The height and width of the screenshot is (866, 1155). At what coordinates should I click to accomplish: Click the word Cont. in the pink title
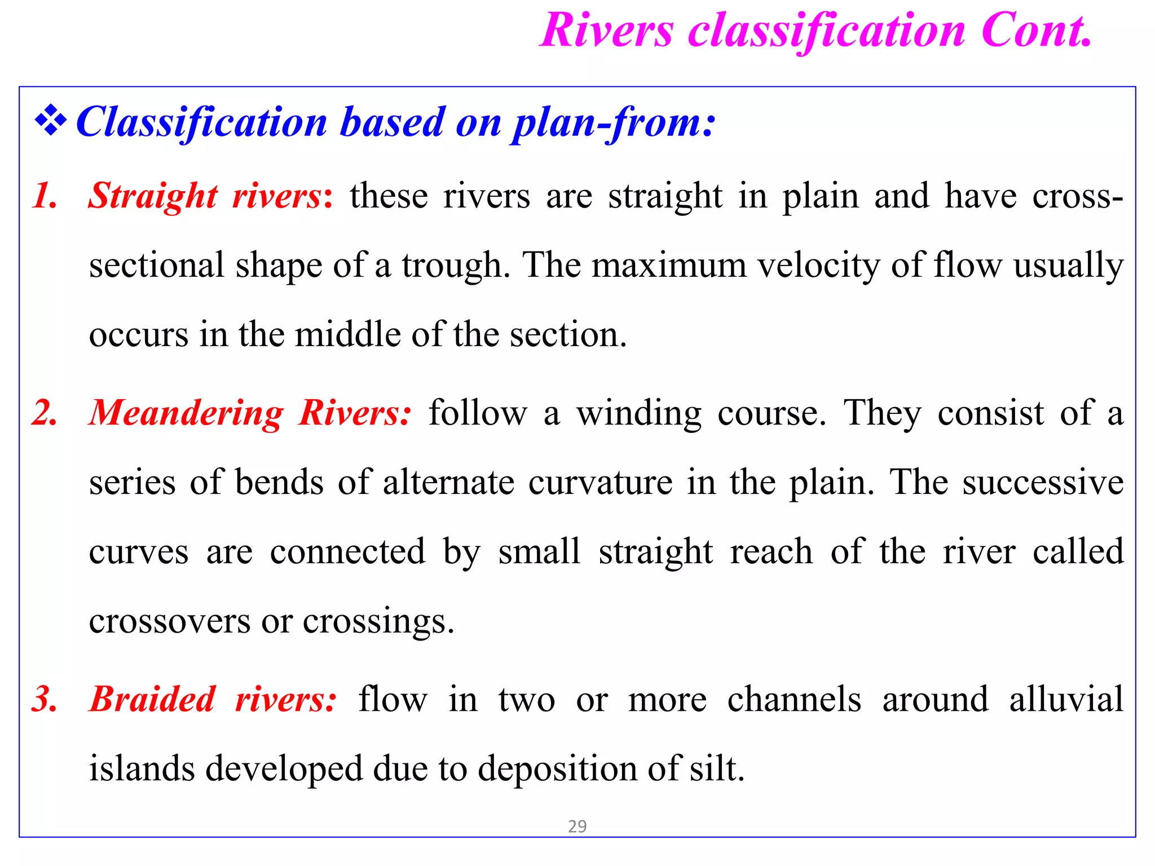(x=1037, y=30)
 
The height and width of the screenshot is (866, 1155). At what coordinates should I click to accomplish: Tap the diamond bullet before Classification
(x=51, y=121)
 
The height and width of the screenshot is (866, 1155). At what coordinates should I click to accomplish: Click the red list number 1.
(x=45, y=196)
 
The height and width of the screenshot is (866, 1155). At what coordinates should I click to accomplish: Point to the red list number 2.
(x=45, y=413)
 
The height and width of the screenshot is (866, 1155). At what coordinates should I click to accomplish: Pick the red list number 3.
(x=45, y=699)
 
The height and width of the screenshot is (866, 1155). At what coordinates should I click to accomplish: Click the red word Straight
(x=153, y=196)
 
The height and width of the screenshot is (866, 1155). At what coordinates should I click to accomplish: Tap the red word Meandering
(x=187, y=414)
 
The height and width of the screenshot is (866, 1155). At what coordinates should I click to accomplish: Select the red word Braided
(x=153, y=699)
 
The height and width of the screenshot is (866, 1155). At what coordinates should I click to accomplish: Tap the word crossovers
(x=169, y=621)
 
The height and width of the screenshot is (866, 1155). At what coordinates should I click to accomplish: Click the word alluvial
(x=1066, y=699)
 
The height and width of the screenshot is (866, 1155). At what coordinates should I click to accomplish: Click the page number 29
(x=577, y=827)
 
